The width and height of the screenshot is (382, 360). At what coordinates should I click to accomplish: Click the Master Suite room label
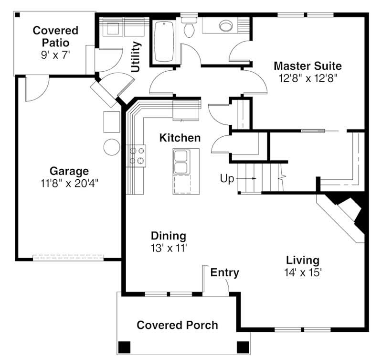tap(308, 66)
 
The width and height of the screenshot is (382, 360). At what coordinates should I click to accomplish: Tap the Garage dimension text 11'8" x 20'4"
tap(69, 183)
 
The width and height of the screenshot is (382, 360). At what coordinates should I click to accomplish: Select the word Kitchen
tap(180, 138)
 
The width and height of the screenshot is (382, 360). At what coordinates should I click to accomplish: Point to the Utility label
tap(136, 57)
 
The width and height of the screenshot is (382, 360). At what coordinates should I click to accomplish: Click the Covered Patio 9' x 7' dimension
tap(55, 55)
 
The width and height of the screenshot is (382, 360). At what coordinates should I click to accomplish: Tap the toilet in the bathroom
tap(189, 27)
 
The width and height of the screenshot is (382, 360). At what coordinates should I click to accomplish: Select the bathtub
tap(164, 42)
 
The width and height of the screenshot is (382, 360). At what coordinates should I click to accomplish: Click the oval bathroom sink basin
tap(226, 26)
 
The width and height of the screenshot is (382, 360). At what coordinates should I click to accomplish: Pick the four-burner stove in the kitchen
tap(136, 156)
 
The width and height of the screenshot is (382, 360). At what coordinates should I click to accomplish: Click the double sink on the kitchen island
tap(181, 162)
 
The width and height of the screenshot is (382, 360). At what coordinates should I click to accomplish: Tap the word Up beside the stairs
tap(227, 178)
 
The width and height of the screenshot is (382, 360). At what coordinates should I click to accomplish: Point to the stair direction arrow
tap(246, 178)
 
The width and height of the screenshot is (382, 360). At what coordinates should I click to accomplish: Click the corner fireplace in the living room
tap(346, 215)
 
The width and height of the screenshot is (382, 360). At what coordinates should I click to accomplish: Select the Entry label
tap(224, 273)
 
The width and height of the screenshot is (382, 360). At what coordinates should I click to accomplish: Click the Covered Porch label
tap(177, 325)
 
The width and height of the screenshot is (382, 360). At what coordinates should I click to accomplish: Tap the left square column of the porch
tap(124, 347)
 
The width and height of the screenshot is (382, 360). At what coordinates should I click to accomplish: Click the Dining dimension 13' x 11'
tap(169, 248)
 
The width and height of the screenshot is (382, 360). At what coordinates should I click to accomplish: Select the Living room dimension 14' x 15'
tap(303, 273)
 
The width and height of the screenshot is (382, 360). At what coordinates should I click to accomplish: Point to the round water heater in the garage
tap(112, 147)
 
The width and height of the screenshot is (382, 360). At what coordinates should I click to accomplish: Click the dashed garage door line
tap(68, 256)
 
